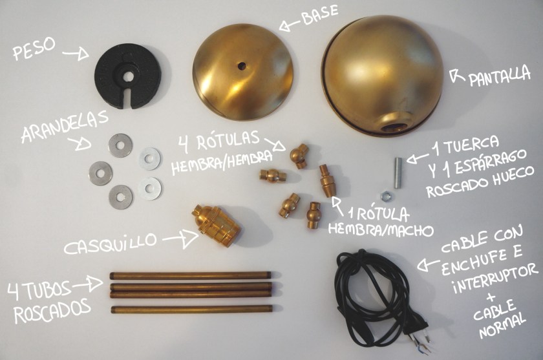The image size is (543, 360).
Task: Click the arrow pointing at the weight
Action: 80,54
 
